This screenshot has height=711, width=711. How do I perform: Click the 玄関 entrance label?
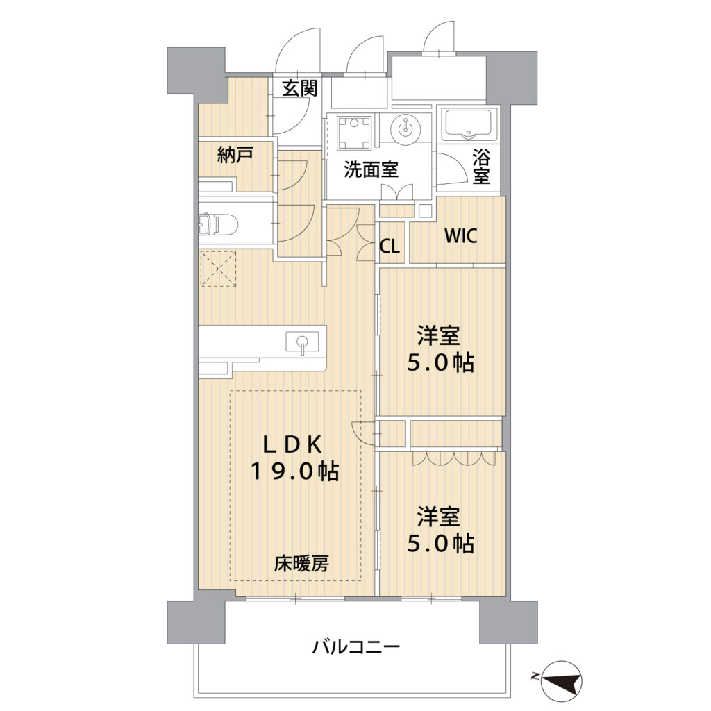[300, 88]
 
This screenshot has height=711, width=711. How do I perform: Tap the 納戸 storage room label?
[235, 156]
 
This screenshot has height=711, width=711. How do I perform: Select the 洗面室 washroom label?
[371, 169]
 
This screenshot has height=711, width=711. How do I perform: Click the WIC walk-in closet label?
[461, 236]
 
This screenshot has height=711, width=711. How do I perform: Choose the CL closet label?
[390, 246]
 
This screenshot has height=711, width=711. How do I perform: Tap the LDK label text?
[293, 445]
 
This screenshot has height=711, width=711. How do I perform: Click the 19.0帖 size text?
[295, 472]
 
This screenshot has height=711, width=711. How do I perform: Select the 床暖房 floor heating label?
[301, 564]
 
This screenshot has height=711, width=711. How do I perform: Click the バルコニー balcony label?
[356, 647]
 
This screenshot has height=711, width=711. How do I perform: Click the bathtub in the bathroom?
[469, 124]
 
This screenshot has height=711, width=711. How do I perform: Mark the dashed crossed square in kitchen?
[218, 269]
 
